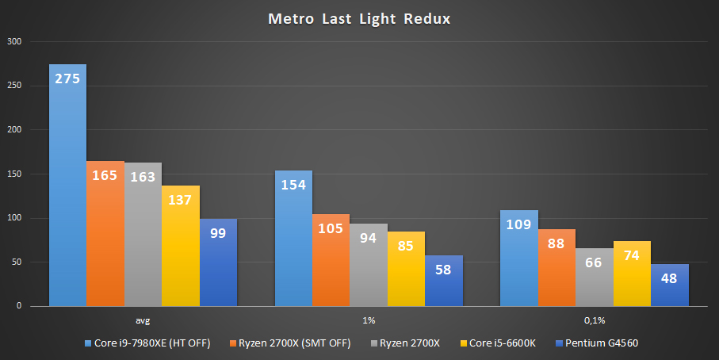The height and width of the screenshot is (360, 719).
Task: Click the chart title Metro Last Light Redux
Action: [359, 18]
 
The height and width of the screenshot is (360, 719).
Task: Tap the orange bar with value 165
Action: [105, 233]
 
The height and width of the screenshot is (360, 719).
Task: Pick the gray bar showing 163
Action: [143, 234]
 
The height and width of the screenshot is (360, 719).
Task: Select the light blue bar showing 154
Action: [293, 238]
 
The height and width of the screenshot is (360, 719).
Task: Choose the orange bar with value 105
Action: [331, 259]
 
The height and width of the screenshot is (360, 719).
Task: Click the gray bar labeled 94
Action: [369, 265]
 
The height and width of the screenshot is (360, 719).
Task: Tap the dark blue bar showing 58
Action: [444, 281]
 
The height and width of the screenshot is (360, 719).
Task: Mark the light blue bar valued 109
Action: [519, 258]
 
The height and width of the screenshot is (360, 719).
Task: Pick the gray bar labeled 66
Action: [595, 277]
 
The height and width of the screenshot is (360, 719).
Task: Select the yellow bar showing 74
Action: [632, 274]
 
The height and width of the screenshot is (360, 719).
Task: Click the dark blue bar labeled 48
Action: [670, 285]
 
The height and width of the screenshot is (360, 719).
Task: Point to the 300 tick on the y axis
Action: [15, 41]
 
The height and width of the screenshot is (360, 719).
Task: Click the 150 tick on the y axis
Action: [15, 174]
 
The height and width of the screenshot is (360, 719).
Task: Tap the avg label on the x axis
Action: [143, 321]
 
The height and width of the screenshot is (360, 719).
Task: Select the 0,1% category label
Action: [595, 321]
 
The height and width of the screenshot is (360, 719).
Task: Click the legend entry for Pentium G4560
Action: [601, 343]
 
